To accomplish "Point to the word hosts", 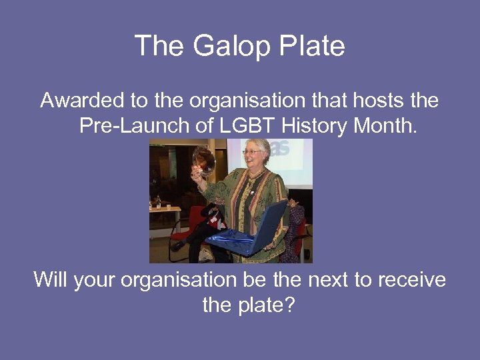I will tap(374, 101).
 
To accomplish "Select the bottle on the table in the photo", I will tap(159, 201).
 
